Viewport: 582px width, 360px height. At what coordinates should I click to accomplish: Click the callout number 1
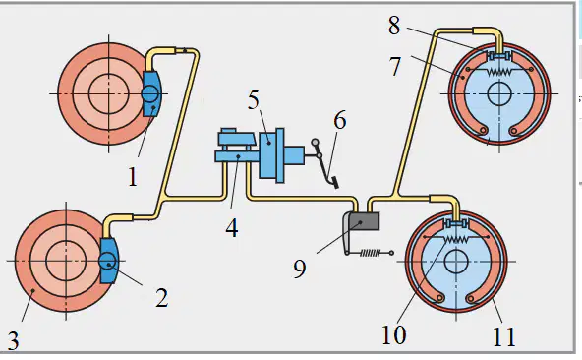133,177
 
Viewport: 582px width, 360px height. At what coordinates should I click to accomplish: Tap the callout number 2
162,298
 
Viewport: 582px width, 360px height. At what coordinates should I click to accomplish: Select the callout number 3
13,341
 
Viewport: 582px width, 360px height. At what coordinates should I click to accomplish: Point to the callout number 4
232,227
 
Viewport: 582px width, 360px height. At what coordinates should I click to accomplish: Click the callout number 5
254,99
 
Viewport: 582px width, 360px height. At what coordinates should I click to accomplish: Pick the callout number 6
340,120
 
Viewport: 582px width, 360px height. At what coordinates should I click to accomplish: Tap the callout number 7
395,66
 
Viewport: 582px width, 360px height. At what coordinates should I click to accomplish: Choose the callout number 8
394,26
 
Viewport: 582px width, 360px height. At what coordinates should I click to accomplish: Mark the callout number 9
300,269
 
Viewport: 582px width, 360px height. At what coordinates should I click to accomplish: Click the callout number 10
394,334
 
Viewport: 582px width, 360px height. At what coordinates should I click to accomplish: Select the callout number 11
504,336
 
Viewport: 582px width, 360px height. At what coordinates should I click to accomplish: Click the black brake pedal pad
335,183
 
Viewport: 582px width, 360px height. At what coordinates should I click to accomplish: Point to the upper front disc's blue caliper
151,93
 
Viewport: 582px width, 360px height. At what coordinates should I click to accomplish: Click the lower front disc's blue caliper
109,261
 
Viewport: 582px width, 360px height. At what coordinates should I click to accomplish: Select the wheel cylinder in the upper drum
499,56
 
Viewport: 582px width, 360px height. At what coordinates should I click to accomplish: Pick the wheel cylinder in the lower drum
456,223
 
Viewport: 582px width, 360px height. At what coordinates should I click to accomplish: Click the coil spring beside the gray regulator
370,253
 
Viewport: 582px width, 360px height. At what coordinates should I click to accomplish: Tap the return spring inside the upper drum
499,71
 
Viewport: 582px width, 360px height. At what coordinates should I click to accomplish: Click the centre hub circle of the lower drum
456,262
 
